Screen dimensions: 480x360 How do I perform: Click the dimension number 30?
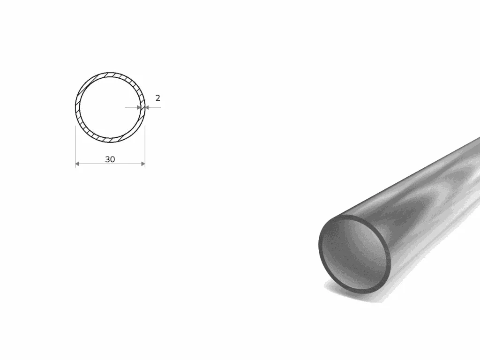pos(110,159)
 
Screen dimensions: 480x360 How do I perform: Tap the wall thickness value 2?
pos(157,98)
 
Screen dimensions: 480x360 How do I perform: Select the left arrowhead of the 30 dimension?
pos(77,164)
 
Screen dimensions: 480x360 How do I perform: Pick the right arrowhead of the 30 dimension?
pos(143,164)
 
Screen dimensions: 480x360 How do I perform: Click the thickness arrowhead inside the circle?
pos(139,107)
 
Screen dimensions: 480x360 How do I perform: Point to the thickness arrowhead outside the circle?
pos(147,107)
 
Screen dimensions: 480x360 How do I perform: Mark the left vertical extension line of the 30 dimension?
pos(75,146)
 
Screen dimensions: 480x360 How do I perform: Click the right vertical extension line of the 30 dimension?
pos(145,146)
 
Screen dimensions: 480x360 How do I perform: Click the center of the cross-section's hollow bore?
pos(110,107)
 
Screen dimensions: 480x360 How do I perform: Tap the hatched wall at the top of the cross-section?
pos(110,75)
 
